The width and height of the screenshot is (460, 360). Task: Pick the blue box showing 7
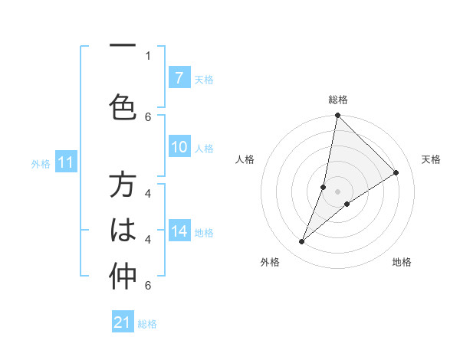(x=179, y=77)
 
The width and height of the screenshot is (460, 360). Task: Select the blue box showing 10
(x=179, y=148)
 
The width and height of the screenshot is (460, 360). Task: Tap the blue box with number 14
(x=179, y=231)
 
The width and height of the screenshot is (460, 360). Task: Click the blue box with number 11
(x=65, y=162)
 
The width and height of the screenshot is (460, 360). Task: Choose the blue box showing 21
(x=123, y=322)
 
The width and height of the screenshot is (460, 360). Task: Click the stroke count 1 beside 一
(x=147, y=55)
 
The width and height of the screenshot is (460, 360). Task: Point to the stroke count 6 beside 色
(x=147, y=116)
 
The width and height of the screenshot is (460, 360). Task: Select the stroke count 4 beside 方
(x=147, y=194)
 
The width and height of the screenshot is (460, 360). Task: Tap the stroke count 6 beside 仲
(x=147, y=286)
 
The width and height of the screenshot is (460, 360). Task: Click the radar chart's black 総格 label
(x=338, y=100)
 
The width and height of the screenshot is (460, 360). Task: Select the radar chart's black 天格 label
(x=431, y=159)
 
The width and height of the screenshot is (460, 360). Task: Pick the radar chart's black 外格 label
(x=270, y=262)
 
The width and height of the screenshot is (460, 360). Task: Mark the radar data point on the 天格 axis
(x=396, y=173)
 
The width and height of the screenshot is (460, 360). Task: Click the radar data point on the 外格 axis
(x=302, y=242)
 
